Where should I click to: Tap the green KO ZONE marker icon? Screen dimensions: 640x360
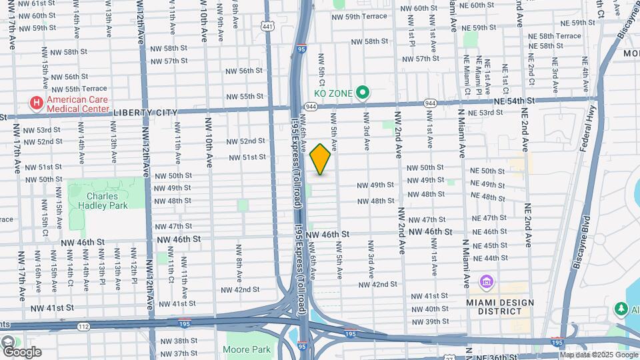[363, 93]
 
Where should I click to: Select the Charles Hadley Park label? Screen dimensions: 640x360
[106, 201]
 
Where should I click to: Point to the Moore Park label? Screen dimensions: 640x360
[247, 349]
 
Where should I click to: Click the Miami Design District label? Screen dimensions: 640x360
[501, 307]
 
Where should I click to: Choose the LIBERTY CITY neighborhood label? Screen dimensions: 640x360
[145, 113]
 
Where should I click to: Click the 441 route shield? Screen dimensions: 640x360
[267, 26]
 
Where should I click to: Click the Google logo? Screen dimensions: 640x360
[21, 351]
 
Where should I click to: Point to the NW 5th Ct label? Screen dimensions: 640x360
[321, 70]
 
